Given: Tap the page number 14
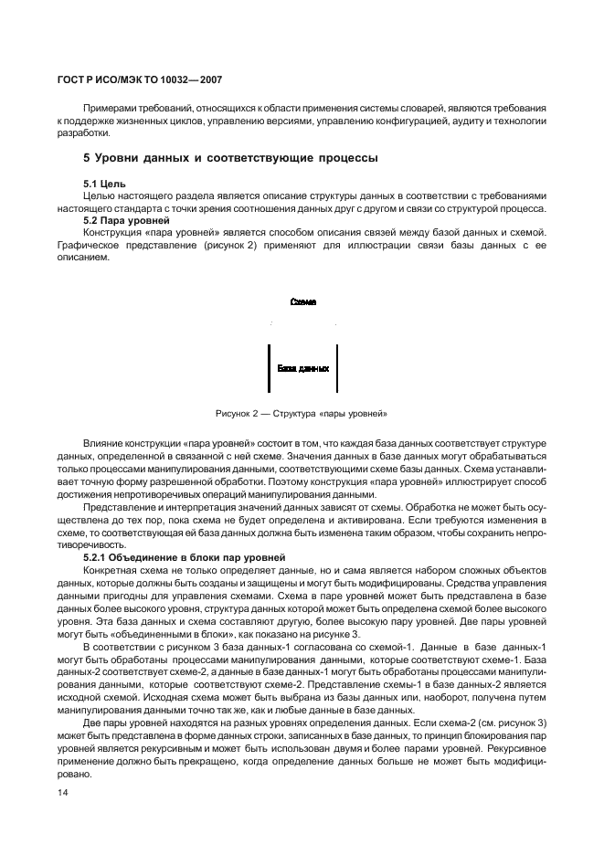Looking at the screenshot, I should (x=63, y=792).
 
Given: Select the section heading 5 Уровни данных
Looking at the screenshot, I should (x=230, y=158).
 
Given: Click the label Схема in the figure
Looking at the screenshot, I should (x=302, y=301).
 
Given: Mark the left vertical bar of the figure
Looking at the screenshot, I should (x=268, y=368).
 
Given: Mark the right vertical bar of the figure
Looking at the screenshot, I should (x=337, y=368).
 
